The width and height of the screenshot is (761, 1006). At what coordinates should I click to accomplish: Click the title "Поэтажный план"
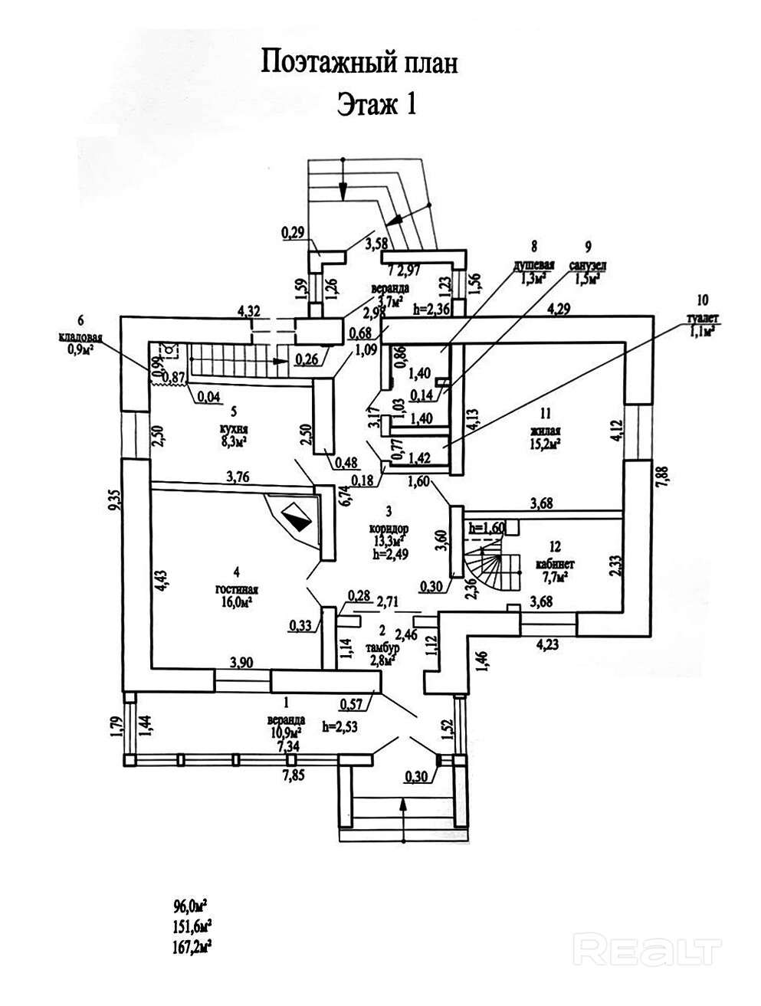[359, 63]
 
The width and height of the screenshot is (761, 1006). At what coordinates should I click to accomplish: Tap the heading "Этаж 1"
[376, 104]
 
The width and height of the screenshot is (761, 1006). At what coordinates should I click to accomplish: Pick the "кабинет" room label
[556, 562]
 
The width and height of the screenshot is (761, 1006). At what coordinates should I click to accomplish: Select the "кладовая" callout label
[80, 336]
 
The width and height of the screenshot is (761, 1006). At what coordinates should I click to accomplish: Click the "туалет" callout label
[698, 320]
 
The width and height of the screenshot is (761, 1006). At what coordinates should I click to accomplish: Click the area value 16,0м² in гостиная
[238, 602]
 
